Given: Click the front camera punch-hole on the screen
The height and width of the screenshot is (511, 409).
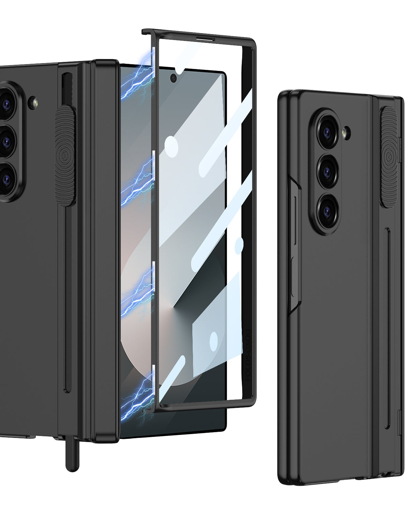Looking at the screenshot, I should pyautogui.click(x=173, y=79).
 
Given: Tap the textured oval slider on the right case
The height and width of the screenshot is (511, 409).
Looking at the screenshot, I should pyautogui.click(x=389, y=157).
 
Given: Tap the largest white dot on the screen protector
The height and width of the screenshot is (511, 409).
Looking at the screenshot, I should pyautogui.click(x=171, y=145).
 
